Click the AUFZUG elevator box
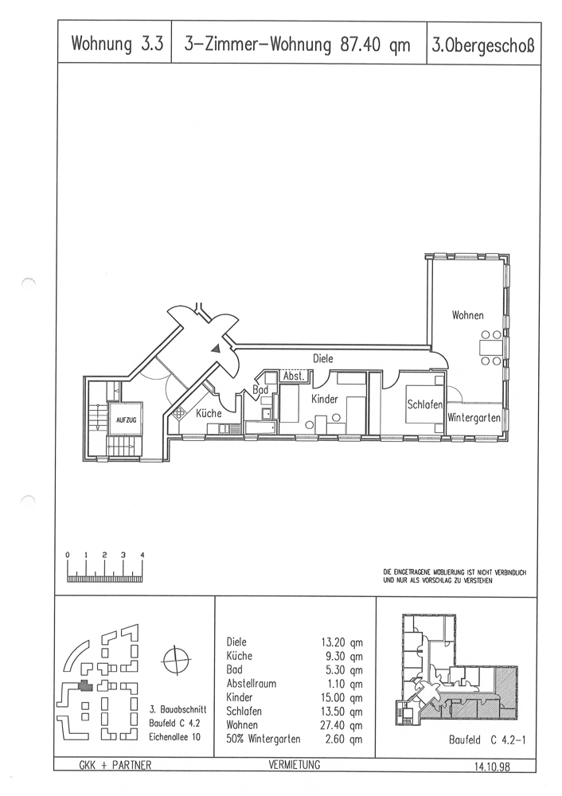(126, 419)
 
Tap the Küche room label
(209, 413)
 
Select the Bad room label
(260, 390)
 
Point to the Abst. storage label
(294, 377)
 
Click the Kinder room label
(325, 399)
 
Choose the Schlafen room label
(425, 404)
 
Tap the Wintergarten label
(474, 419)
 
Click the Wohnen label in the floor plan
(467, 315)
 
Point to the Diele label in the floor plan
(323, 358)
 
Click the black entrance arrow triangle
(217, 349)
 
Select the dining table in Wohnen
(490, 348)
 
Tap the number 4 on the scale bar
(142, 555)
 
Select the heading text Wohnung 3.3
(117, 44)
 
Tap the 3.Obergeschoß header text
(483, 45)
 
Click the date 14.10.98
(492, 766)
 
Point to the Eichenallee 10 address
(174, 736)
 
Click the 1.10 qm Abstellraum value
(344, 684)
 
